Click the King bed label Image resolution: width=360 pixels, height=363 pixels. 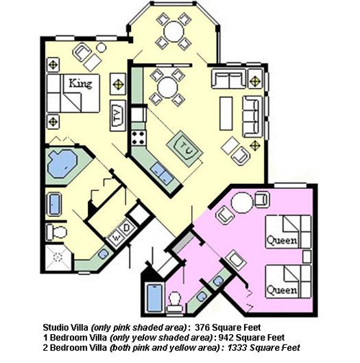(x=80, y=84)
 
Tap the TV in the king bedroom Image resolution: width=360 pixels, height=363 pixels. (x=118, y=115)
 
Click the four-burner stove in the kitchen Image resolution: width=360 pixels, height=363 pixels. (x=139, y=138)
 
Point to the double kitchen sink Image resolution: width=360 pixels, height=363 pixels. (x=160, y=173)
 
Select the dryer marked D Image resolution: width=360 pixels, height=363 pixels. (x=127, y=228)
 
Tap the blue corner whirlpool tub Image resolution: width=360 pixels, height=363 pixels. (x=62, y=163)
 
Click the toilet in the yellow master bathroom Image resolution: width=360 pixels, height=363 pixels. (x=57, y=232)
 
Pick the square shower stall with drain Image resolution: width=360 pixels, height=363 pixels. (x=58, y=257)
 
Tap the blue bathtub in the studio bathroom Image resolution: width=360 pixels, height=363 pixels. (x=154, y=298)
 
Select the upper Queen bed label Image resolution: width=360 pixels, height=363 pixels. (x=282, y=241)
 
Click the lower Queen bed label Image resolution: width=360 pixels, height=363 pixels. (x=282, y=290)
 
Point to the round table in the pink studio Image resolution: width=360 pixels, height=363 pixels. (x=242, y=202)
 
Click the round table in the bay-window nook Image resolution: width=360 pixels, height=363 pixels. (x=174, y=31)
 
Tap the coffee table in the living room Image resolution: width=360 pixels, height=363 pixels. (x=226, y=113)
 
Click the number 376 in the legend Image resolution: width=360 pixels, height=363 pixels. (x=202, y=327)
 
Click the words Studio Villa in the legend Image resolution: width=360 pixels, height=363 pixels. (x=65, y=327)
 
